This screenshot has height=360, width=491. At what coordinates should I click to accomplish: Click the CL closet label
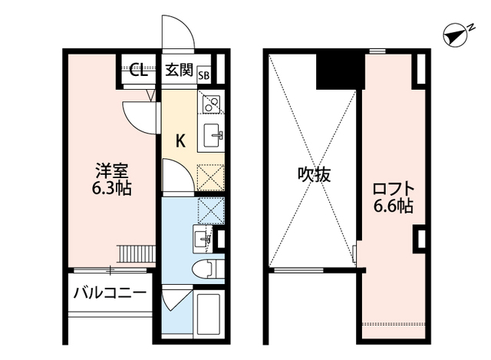pos(137,72)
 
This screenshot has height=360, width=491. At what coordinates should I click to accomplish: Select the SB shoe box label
pos(204,74)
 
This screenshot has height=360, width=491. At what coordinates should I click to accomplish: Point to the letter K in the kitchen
pos(180,140)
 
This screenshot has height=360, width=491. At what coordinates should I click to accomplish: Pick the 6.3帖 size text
pos(108,187)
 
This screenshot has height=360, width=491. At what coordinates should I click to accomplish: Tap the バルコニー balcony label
pos(110,292)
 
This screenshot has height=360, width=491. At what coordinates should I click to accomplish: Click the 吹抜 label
pos(315,174)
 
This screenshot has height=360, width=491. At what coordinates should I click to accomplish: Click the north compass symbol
pos(457,35)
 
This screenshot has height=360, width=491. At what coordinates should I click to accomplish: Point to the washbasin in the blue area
pos(204,238)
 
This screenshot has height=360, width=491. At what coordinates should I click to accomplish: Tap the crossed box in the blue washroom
pos(210,210)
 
